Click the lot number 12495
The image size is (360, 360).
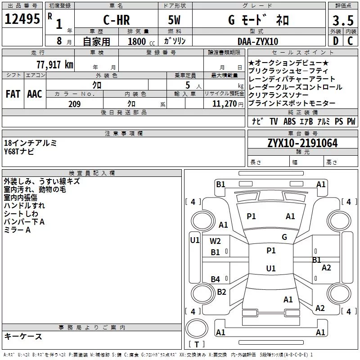point(22,18)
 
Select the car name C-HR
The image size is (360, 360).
point(117,20)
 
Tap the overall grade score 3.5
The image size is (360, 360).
point(343,20)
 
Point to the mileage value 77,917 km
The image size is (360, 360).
point(55,64)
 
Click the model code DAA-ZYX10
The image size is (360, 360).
point(258,41)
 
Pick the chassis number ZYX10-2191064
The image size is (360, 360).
point(302,143)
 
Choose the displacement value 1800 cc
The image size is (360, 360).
point(141,41)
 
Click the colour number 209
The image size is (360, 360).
point(75,104)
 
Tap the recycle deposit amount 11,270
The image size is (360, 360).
point(225,104)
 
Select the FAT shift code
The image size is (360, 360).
point(13,94)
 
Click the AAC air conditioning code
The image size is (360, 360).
point(35,94)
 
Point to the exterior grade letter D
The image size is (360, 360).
point(336,41)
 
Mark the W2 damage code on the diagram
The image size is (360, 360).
point(215,241)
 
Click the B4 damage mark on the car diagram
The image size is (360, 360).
point(216,279)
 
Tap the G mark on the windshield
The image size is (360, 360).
point(284,237)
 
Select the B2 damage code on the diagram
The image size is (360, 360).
point(221,292)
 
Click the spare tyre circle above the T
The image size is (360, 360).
point(197,328)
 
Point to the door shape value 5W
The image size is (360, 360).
point(174,20)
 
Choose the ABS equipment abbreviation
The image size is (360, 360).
point(289,121)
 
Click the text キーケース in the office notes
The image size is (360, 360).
point(23,336)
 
